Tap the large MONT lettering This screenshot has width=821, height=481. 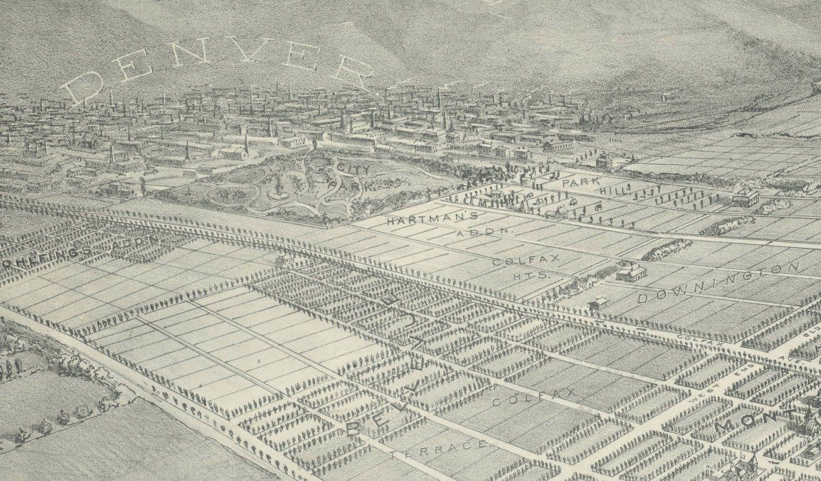[764, 423]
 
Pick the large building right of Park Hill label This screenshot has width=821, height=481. [745, 197]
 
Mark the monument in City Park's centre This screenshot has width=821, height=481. [279, 184]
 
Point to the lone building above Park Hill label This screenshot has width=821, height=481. [603, 161]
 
